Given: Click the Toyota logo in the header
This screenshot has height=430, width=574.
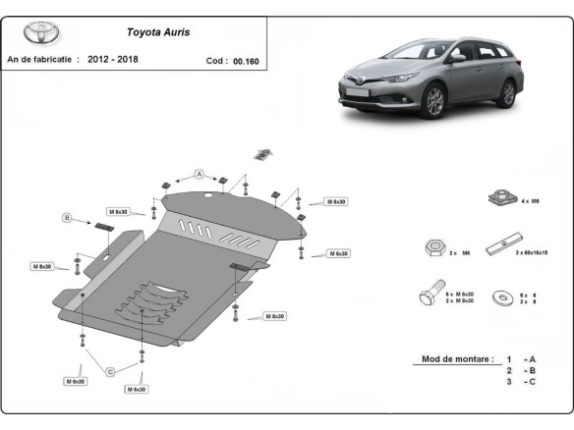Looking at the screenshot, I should [x=41, y=32].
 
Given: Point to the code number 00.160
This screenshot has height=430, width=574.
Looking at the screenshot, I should [x=247, y=60].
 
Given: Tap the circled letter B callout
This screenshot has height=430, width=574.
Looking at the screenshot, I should [x=67, y=217].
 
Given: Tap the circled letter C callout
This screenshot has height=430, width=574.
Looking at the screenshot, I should [x=110, y=370].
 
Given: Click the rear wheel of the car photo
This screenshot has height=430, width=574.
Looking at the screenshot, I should [x=506, y=93].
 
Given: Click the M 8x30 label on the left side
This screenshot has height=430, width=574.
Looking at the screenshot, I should [x=42, y=266].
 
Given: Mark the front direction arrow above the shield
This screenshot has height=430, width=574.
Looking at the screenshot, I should [x=262, y=153].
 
